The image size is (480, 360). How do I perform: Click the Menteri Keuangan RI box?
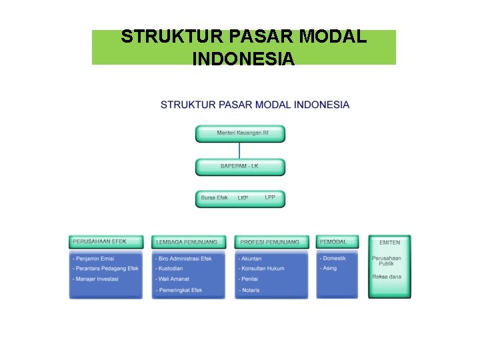(x=240, y=133)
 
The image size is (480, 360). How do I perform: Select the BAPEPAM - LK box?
(x=240, y=166)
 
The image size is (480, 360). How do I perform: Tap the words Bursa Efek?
(x=215, y=198)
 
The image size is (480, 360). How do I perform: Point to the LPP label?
(x=270, y=197)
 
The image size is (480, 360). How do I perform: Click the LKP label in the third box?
(x=243, y=198)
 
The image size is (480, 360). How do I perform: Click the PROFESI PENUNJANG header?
(x=270, y=242)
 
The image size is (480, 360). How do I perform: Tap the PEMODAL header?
(x=334, y=241)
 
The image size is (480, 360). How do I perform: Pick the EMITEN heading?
(x=390, y=243)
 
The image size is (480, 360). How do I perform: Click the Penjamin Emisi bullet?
(x=94, y=259)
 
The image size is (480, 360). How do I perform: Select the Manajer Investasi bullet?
(x=96, y=279)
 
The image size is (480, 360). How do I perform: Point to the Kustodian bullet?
(x=171, y=269)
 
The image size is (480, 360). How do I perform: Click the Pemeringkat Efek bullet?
(x=179, y=290)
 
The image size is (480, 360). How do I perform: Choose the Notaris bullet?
(x=250, y=290)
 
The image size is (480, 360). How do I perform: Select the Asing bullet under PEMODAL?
(x=329, y=268)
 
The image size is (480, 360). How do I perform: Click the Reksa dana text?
(x=387, y=277)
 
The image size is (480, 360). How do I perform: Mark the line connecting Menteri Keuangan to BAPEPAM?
(x=239, y=150)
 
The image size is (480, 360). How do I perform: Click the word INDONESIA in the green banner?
(x=243, y=59)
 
